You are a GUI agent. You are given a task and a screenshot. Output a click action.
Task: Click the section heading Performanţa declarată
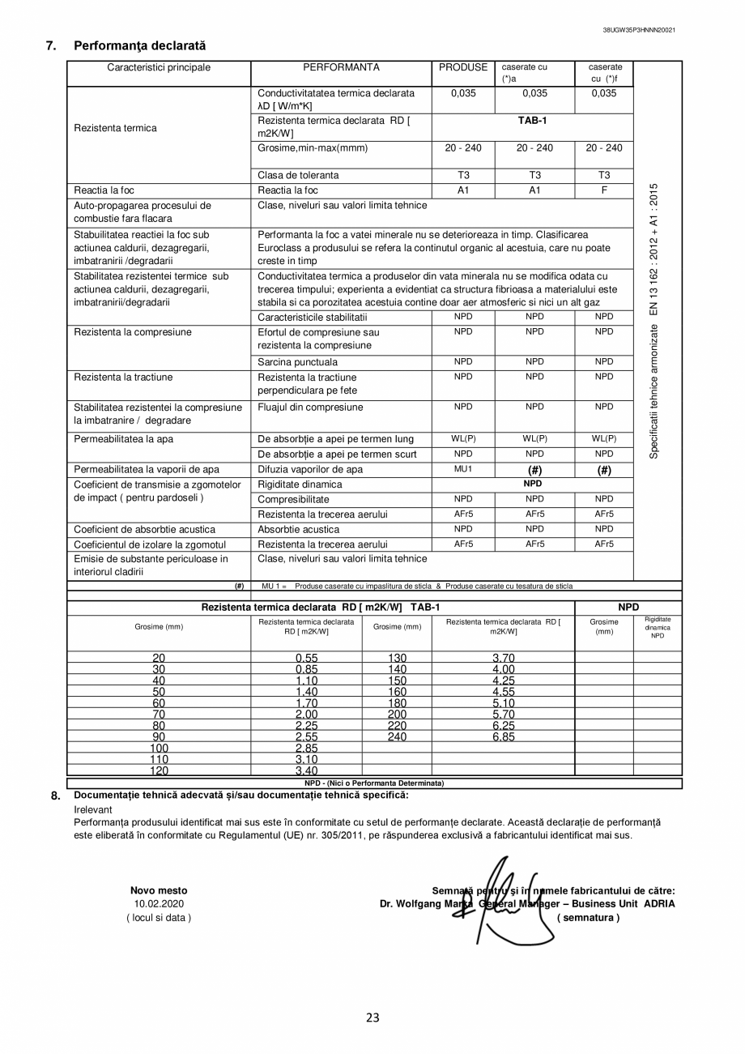click(x=139, y=46)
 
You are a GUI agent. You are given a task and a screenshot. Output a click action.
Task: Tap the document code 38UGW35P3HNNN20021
click(x=639, y=30)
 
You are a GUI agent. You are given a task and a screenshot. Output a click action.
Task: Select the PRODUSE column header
click(x=463, y=68)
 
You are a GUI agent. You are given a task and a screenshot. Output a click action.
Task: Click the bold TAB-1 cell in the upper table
click(x=533, y=121)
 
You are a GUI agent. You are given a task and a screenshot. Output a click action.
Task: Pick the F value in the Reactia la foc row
click(x=604, y=190)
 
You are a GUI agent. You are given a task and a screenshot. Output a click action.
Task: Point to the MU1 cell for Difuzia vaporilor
click(x=463, y=469)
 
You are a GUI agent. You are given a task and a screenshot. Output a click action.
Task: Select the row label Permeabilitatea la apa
click(x=124, y=439)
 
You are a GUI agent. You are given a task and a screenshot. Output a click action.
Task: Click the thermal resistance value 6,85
click(x=504, y=737)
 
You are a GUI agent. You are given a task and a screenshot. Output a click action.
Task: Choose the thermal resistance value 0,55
click(x=306, y=658)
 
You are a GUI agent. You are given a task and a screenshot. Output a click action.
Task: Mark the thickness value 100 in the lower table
click(x=159, y=749)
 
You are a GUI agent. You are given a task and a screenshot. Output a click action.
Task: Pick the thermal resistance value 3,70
click(x=504, y=658)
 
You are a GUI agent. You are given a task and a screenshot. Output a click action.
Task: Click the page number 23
click(x=372, y=1018)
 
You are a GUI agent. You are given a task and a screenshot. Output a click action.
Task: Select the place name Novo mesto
click(x=159, y=890)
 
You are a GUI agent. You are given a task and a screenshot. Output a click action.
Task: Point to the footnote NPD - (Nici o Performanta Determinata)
click(x=374, y=783)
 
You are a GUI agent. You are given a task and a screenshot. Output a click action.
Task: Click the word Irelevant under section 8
click(x=93, y=809)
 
